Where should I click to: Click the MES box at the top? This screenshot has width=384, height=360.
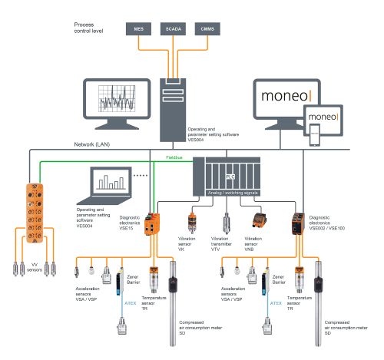pos(139,29)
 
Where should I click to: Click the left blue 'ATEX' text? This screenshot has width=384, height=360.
pos(131,302)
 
